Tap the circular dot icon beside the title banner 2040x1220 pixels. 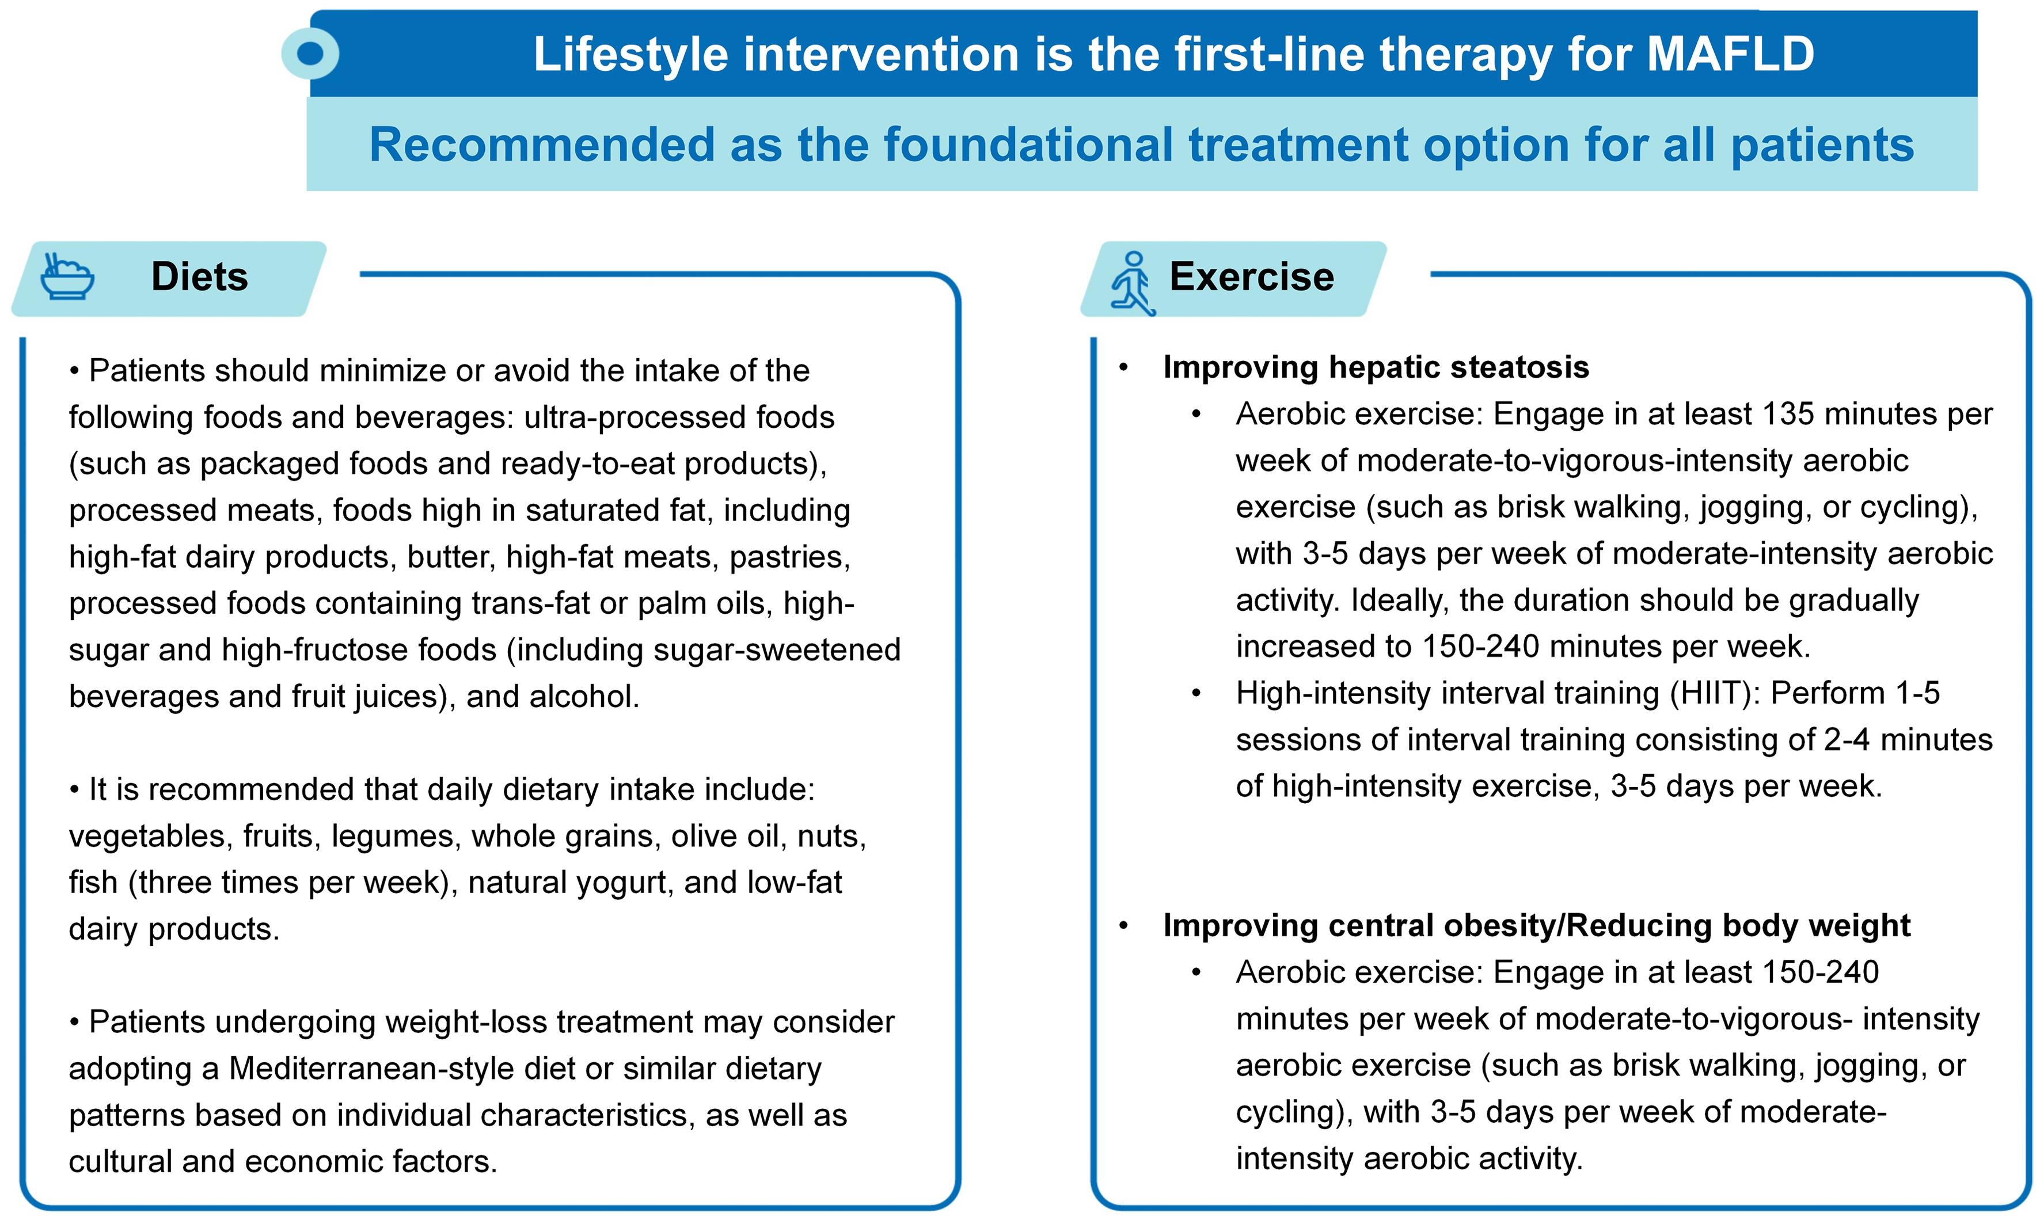coord(310,54)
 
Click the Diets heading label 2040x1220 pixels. coord(200,276)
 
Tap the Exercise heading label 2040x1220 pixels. coord(1251,276)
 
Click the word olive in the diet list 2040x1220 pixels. coord(700,836)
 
